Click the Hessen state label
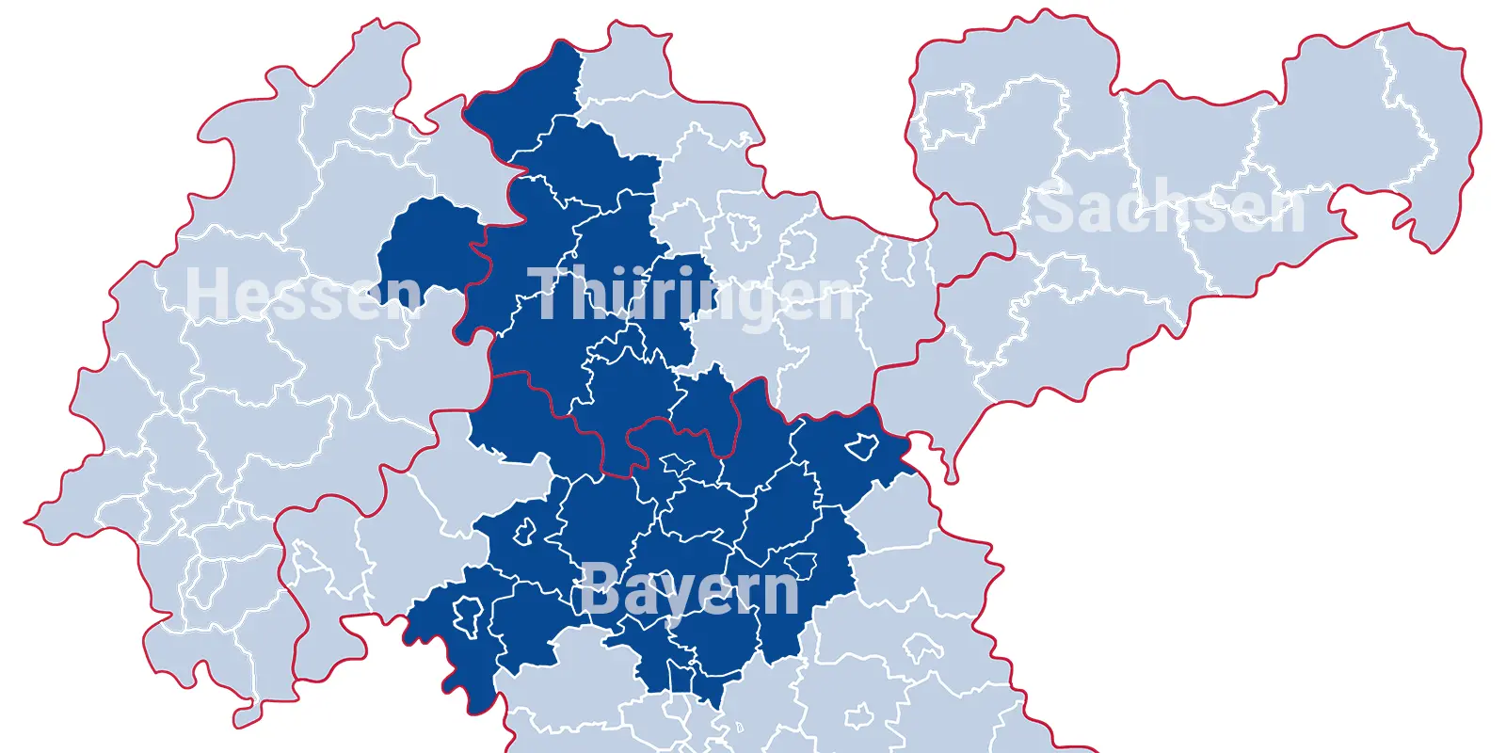303,294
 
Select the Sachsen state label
1170,207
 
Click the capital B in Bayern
599,589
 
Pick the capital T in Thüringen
547,294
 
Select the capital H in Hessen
204,294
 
